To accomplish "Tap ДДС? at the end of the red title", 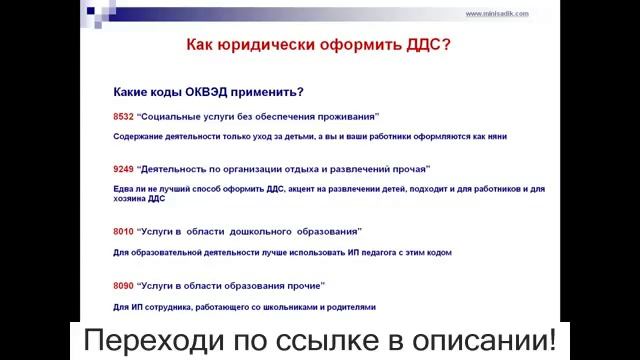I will tap(427, 46).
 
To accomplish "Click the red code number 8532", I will tap(123, 116).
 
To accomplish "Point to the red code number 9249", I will tap(123, 169).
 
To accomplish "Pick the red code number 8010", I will tap(123, 232).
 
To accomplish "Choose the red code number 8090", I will tap(123, 285).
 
